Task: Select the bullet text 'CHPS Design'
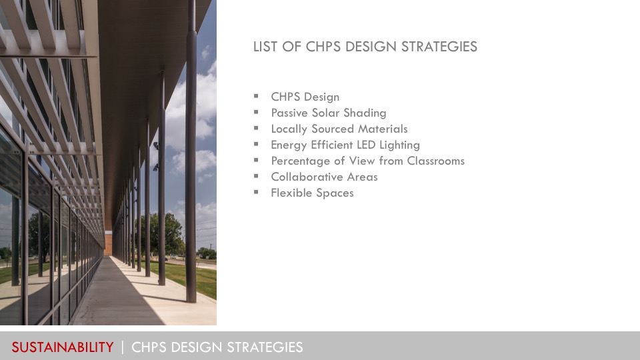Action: [305, 97]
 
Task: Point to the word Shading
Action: [365, 113]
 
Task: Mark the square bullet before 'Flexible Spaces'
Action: [256, 192]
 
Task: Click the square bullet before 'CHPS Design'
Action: [256, 96]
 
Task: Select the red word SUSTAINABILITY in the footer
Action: [63, 347]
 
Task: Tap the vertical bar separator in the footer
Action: [123, 347]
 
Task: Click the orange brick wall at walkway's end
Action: [108, 243]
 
